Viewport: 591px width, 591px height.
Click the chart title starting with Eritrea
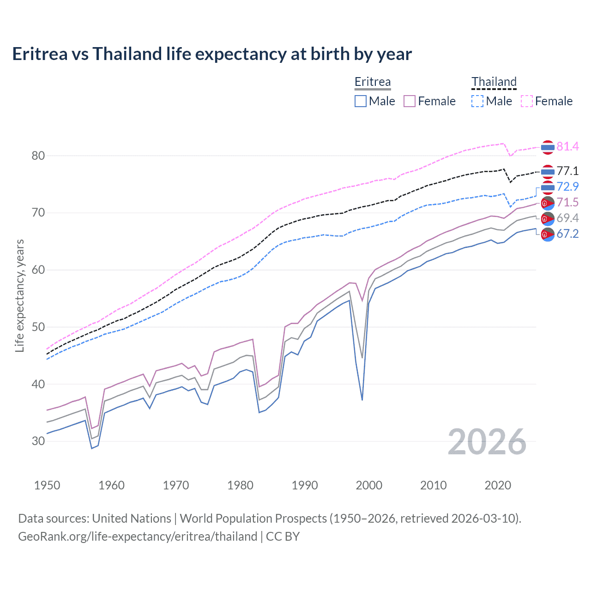pyautogui.click(x=212, y=54)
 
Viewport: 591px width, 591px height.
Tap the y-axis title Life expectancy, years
pyautogui.click(x=20, y=295)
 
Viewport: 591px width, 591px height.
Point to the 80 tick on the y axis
pyautogui.click(x=38, y=156)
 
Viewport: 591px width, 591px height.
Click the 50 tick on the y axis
pyautogui.click(x=38, y=327)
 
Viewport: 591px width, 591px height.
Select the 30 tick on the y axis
pyautogui.click(x=38, y=441)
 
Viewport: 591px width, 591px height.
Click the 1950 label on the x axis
pyautogui.click(x=47, y=485)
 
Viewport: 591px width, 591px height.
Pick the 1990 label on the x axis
pyautogui.click(x=305, y=485)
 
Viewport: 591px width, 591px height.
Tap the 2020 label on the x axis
pyautogui.click(x=498, y=485)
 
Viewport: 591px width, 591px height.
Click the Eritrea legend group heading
pyautogui.click(x=373, y=82)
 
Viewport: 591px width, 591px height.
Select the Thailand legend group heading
pyautogui.click(x=494, y=82)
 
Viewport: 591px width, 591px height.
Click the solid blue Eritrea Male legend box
pyautogui.click(x=361, y=101)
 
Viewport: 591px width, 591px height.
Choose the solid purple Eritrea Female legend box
pyautogui.click(x=410, y=101)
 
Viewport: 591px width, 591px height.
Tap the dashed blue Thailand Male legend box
pyautogui.click(x=477, y=101)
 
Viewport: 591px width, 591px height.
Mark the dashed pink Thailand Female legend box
pyautogui.click(x=527, y=101)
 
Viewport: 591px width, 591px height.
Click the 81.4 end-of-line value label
pyautogui.click(x=567, y=146)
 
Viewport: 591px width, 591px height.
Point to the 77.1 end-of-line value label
pyautogui.click(x=567, y=171)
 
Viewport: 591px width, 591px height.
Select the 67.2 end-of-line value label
pyautogui.click(x=567, y=234)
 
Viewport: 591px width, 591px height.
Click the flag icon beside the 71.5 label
pyautogui.click(x=548, y=203)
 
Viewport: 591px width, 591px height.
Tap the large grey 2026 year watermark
pyautogui.click(x=487, y=442)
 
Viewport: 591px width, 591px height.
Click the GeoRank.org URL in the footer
pyautogui.click(x=138, y=537)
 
